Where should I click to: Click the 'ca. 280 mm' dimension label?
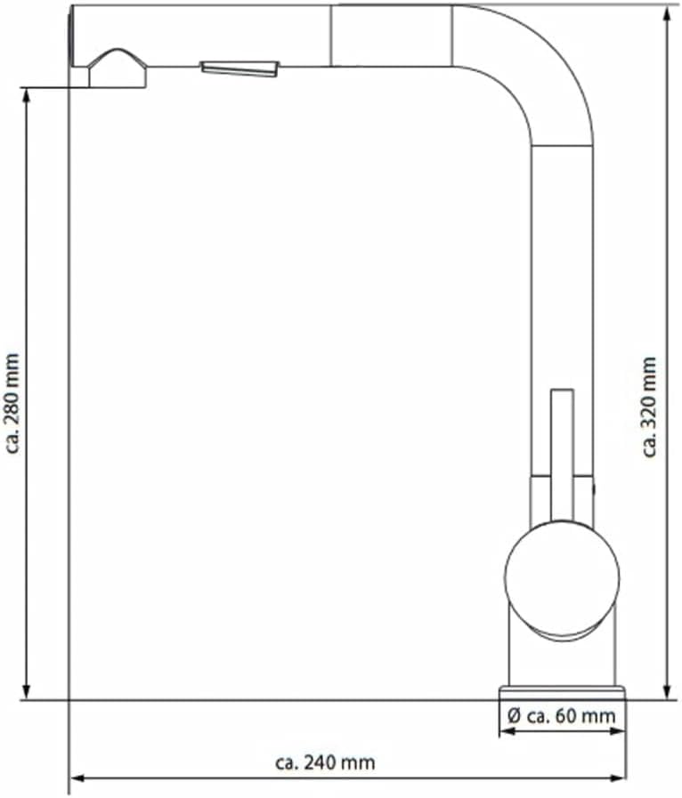pyautogui.click(x=12, y=403)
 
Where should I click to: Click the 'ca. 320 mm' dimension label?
pyautogui.click(x=649, y=407)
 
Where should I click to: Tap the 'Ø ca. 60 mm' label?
pyautogui.click(x=562, y=716)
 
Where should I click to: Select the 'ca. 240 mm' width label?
pyautogui.click(x=325, y=762)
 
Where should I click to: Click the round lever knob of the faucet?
pyautogui.click(x=563, y=576)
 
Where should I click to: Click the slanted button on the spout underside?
pyautogui.click(x=240, y=69)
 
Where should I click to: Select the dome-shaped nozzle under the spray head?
pyautogui.click(x=118, y=69)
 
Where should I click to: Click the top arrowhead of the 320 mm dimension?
pyautogui.click(x=667, y=13)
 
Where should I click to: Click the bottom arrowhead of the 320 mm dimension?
pyautogui.click(x=667, y=691)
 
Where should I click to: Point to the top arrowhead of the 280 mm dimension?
pyautogui.click(x=27, y=97)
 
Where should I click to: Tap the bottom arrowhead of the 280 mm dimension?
pyautogui.click(x=27, y=691)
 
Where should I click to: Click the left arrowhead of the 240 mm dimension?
pyautogui.click(x=78, y=778)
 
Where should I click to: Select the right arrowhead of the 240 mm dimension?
pyautogui.click(x=617, y=778)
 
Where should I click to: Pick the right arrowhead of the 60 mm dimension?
pyautogui.click(x=617, y=731)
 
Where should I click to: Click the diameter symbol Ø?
pyautogui.click(x=514, y=716)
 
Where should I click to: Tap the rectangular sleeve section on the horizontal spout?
pyautogui.click(x=391, y=36)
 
